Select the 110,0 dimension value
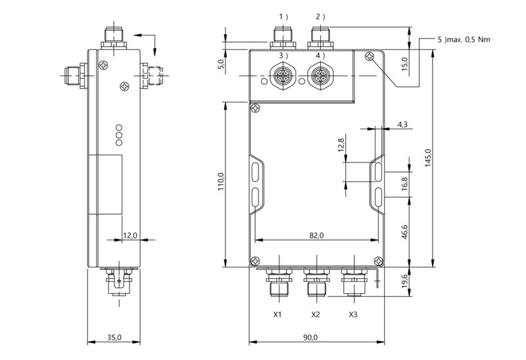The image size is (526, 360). pos(221,181)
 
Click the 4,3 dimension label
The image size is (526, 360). pos(403,124)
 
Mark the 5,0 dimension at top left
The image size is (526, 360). pos(221,64)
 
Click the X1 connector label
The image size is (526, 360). pos(277,315)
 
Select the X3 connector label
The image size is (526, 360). pos(353,315)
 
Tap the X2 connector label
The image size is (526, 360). pos(316,315)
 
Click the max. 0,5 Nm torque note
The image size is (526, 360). pos(464,40)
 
